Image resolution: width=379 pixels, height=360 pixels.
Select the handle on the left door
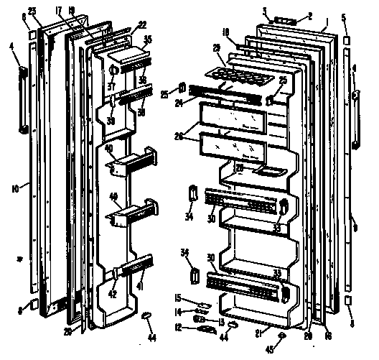click(24, 101)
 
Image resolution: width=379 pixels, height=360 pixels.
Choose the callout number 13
click(221, 322)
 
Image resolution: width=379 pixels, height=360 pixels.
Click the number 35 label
click(147, 40)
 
